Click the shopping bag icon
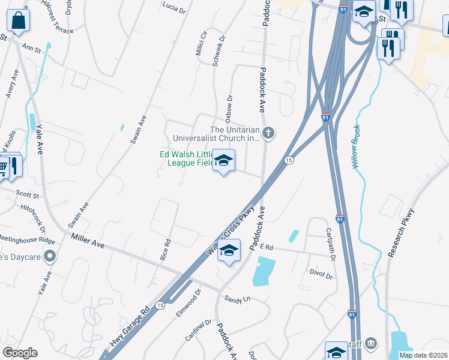coord(19,21)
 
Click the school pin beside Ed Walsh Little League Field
coord(224,161)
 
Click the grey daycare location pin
coord(50,257)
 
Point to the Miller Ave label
coord(88,241)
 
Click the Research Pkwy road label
coord(401,233)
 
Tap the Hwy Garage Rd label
coord(129,328)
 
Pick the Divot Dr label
coord(321,275)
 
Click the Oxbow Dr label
coord(229,105)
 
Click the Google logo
coord(20,353)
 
